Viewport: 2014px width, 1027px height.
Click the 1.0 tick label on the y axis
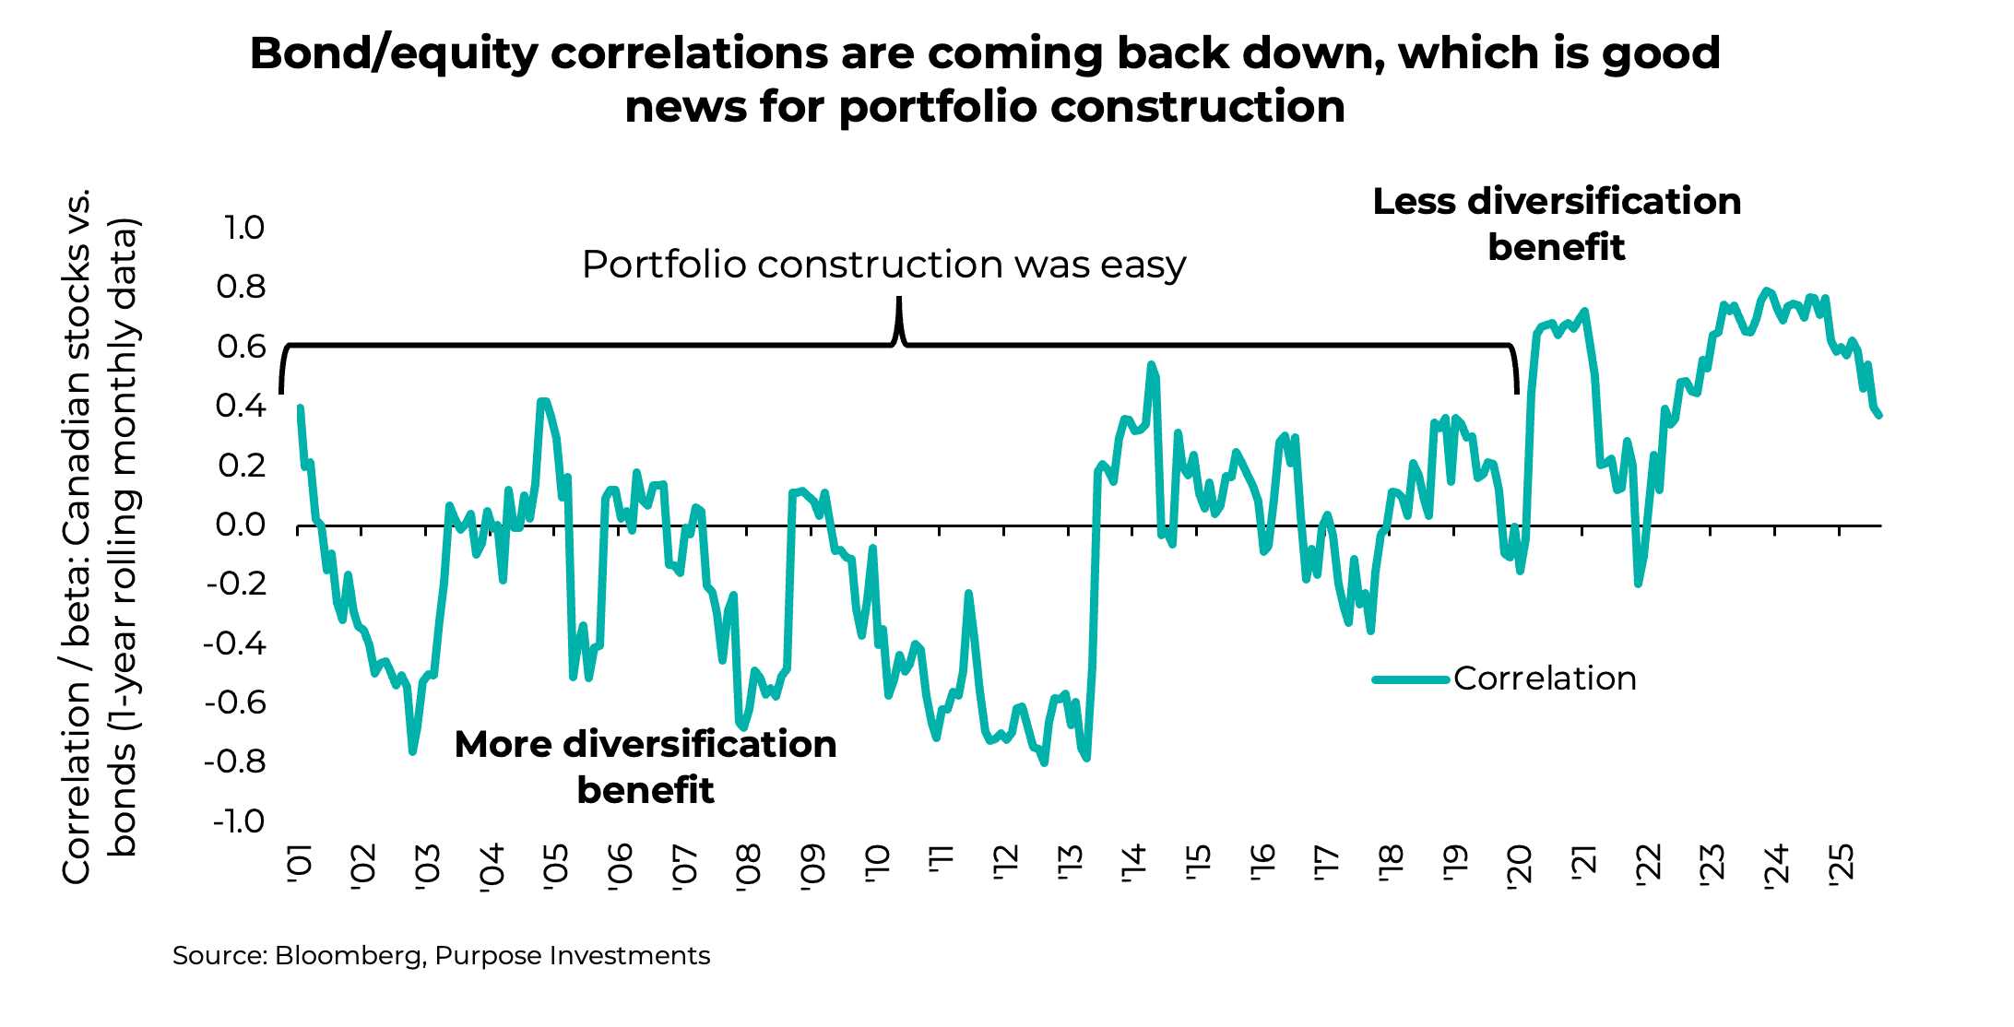coord(244,228)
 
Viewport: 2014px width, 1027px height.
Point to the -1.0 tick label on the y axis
coord(238,821)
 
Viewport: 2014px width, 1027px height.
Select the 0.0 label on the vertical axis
coord(241,525)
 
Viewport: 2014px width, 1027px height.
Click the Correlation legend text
coord(1545,679)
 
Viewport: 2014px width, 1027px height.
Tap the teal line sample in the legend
coord(1410,679)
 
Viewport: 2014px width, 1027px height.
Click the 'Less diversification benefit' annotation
coord(1557,224)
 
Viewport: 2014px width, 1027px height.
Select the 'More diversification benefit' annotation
coord(646,767)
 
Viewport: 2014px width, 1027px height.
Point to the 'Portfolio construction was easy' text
coord(883,265)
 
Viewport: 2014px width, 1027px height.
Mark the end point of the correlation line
coord(1878,416)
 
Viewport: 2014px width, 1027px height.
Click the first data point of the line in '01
coord(301,408)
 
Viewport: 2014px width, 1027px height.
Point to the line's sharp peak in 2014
coord(1151,365)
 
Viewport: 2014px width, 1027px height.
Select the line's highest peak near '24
coord(1766,291)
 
